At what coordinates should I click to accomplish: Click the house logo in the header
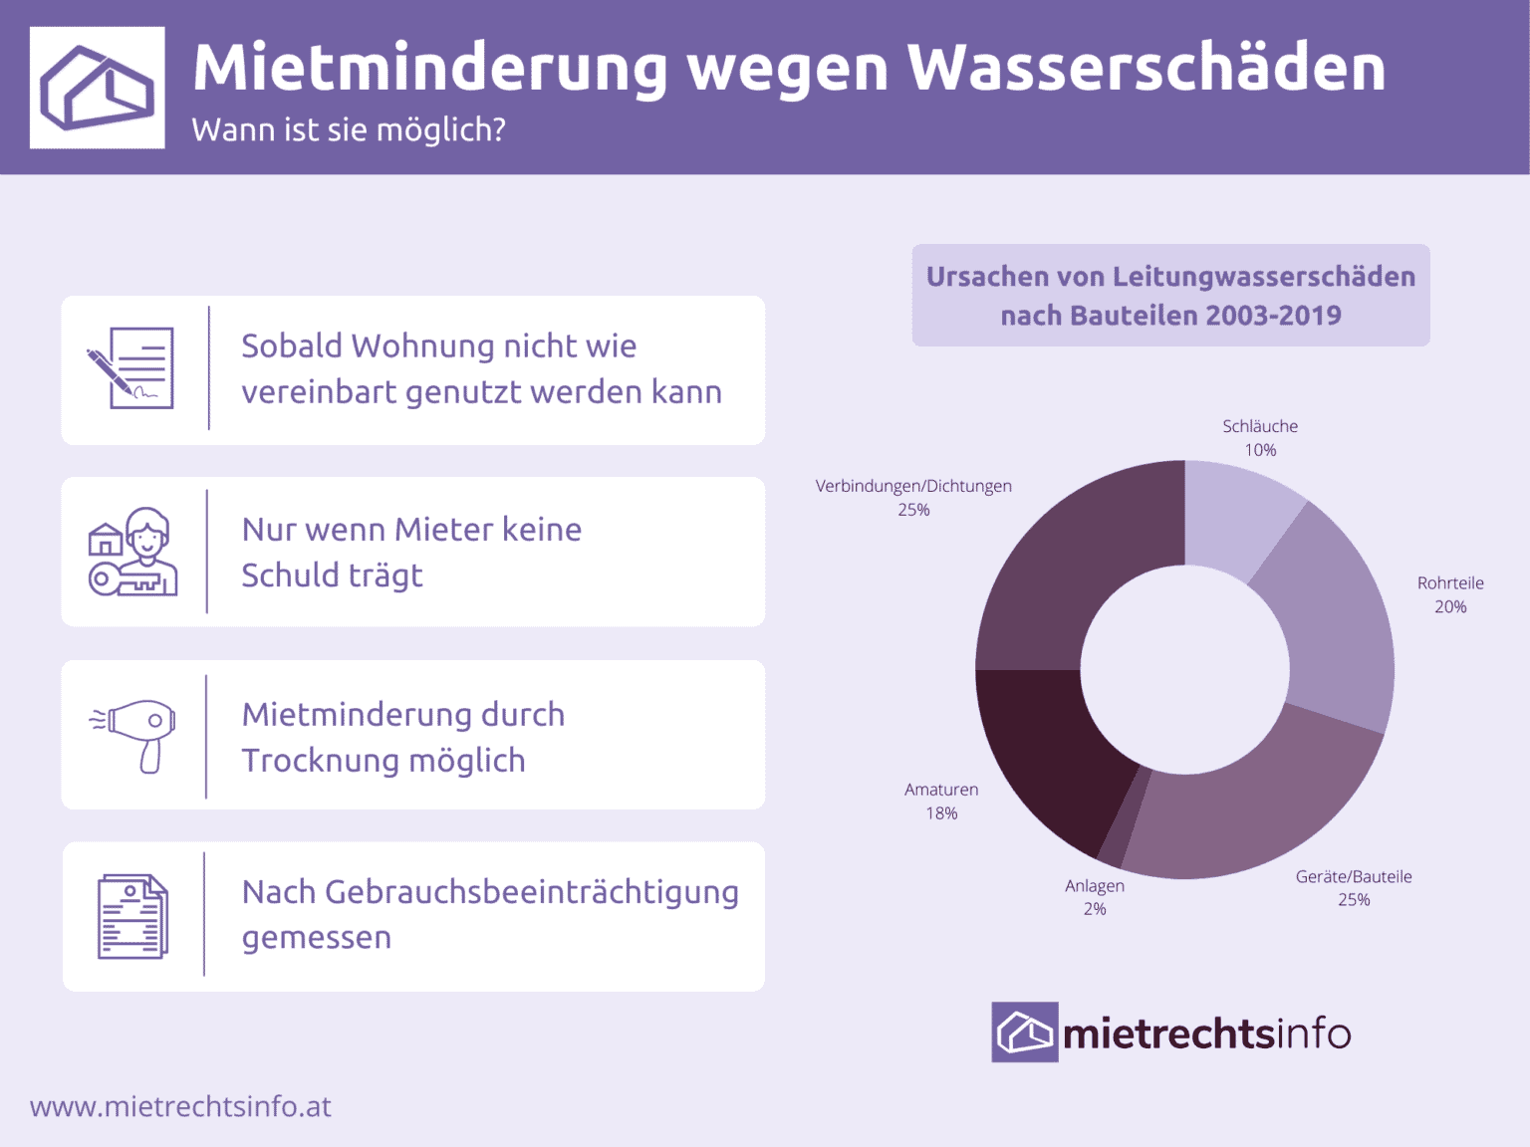pos(97,88)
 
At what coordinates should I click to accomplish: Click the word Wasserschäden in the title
pos(1146,68)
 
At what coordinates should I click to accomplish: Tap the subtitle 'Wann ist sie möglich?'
pos(349,129)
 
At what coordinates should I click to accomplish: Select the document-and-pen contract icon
pos(131,368)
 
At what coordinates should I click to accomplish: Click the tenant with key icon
pos(133,553)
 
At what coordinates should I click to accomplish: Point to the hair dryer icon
pos(135,734)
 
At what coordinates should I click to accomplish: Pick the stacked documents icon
pos(132,917)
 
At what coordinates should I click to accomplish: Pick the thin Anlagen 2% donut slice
pos(1124,815)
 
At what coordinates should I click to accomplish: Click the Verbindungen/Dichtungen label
pos(913,486)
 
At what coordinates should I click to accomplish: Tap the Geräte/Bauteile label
pos(1354,877)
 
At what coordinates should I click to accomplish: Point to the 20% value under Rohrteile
pos(1450,606)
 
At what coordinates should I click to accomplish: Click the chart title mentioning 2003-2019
pos(1170,296)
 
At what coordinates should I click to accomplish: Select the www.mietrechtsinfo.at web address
pos(180,1106)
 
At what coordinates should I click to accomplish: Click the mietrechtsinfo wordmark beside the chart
pos(1206,1033)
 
